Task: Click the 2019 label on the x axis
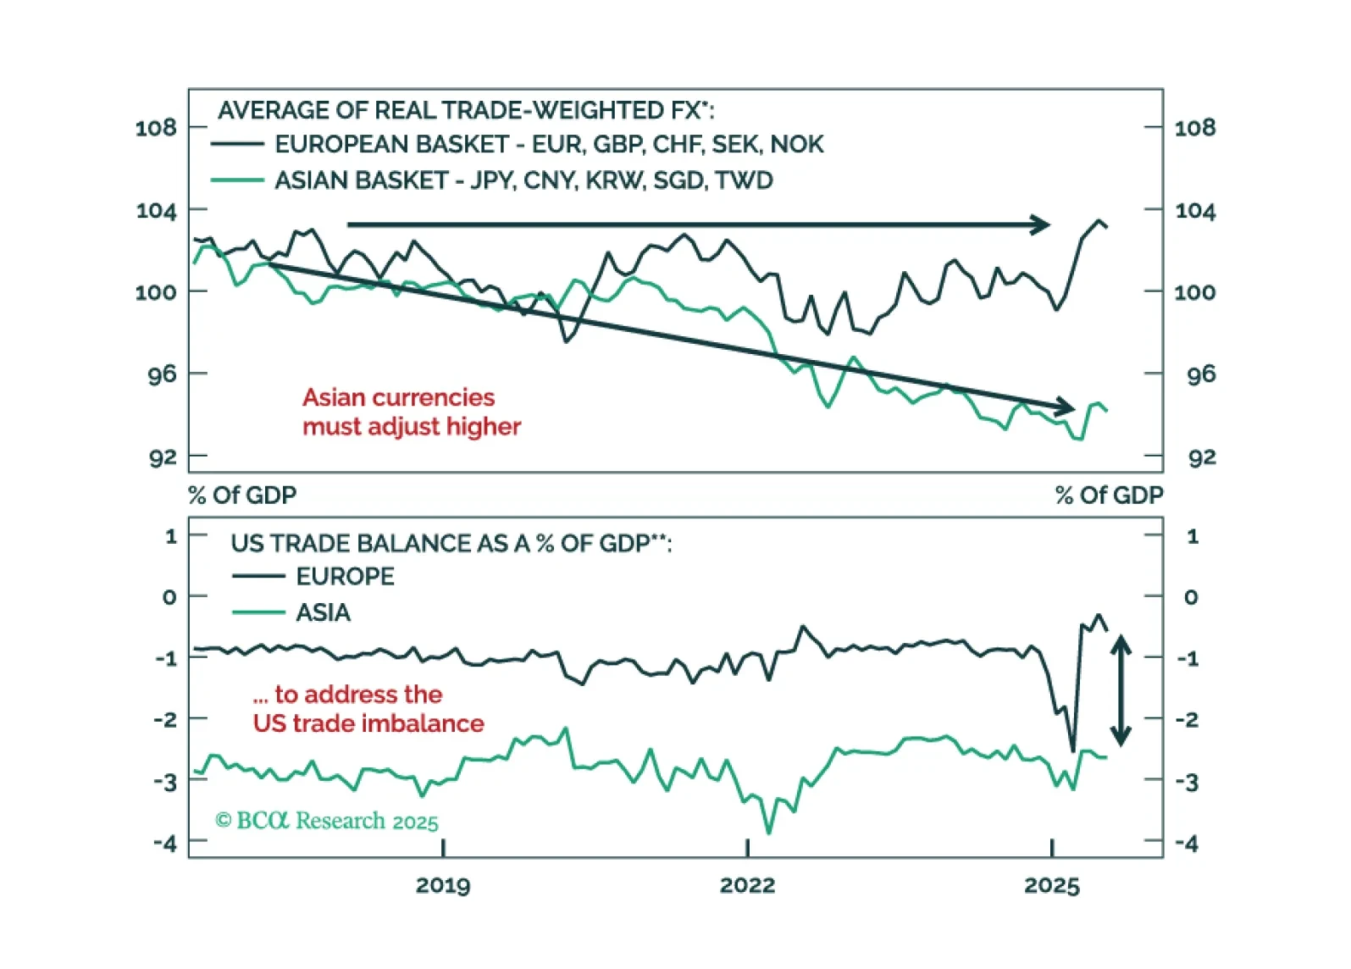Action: (443, 885)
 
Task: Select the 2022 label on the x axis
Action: (747, 885)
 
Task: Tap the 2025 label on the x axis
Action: (1051, 885)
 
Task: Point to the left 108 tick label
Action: (156, 128)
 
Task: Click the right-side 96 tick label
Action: (1201, 374)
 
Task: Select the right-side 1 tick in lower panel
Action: (1193, 536)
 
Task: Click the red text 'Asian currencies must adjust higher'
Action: (411, 412)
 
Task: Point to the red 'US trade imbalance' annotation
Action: (368, 709)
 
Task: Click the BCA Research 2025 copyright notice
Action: (327, 821)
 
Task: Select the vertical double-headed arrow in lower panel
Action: (1121, 690)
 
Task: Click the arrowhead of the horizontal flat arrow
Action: (1041, 224)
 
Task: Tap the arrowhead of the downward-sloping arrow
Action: (1065, 407)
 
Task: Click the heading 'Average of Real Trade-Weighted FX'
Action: (465, 111)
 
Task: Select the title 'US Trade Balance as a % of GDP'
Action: (451, 543)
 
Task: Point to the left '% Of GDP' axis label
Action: (242, 496)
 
